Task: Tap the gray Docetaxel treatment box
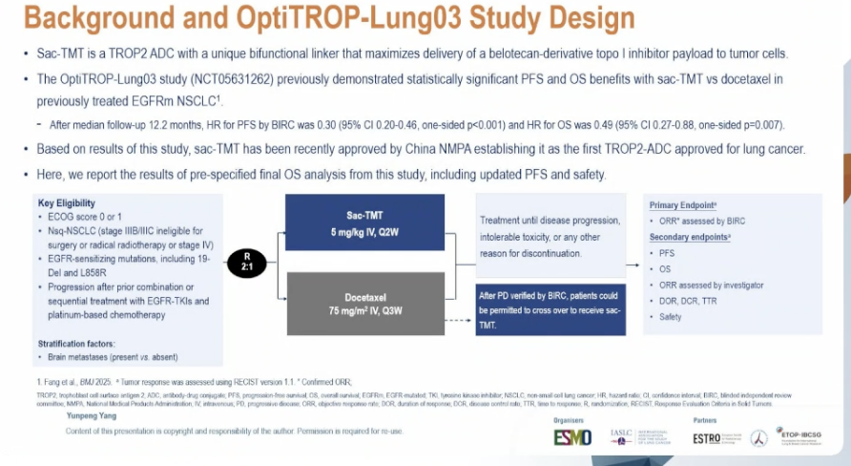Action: click(x=365, y=303)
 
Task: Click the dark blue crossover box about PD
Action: click(x=550, y=308)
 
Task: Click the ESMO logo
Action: click(x=572, y=436)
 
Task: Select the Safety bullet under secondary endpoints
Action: click(x=670, y=316)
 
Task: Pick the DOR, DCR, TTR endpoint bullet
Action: click(x=689, y=301)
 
